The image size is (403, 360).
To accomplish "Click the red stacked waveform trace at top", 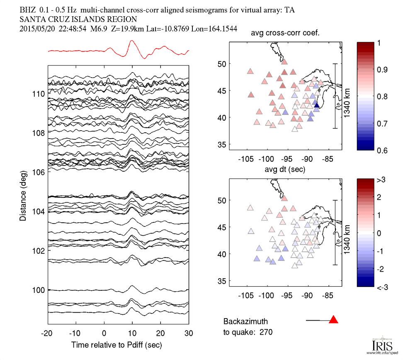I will tap(132, 42).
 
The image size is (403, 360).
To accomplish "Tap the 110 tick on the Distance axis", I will tap(39, 94).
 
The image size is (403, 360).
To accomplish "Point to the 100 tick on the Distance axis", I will tap(39, 289).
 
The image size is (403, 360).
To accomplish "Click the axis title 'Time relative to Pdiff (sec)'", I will tap(117, 345).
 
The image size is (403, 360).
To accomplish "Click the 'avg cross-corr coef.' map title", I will tap(285, 34).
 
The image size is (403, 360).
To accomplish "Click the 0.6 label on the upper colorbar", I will tap(381, 150).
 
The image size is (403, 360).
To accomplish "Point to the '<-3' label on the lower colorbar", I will tap(382, 287).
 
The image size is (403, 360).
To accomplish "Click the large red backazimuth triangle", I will tap(334, 320).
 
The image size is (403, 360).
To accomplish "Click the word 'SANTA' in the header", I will tap(32, 19).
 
